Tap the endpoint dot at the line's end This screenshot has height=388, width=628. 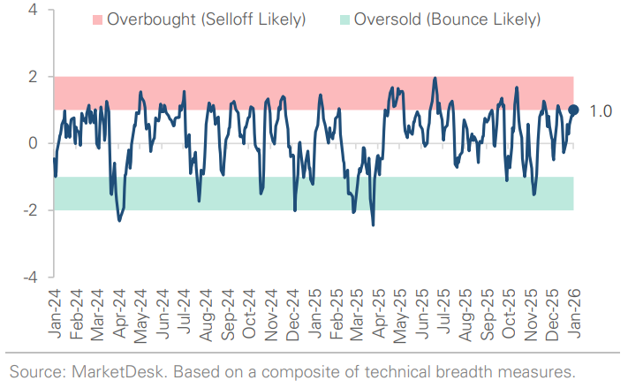click(573, 110)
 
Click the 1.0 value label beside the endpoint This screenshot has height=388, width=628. click(600, 110)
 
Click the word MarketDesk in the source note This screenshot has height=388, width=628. click(100, 370)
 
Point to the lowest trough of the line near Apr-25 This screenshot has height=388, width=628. click(373, 224)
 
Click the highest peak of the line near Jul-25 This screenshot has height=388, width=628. click(435, 78)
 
